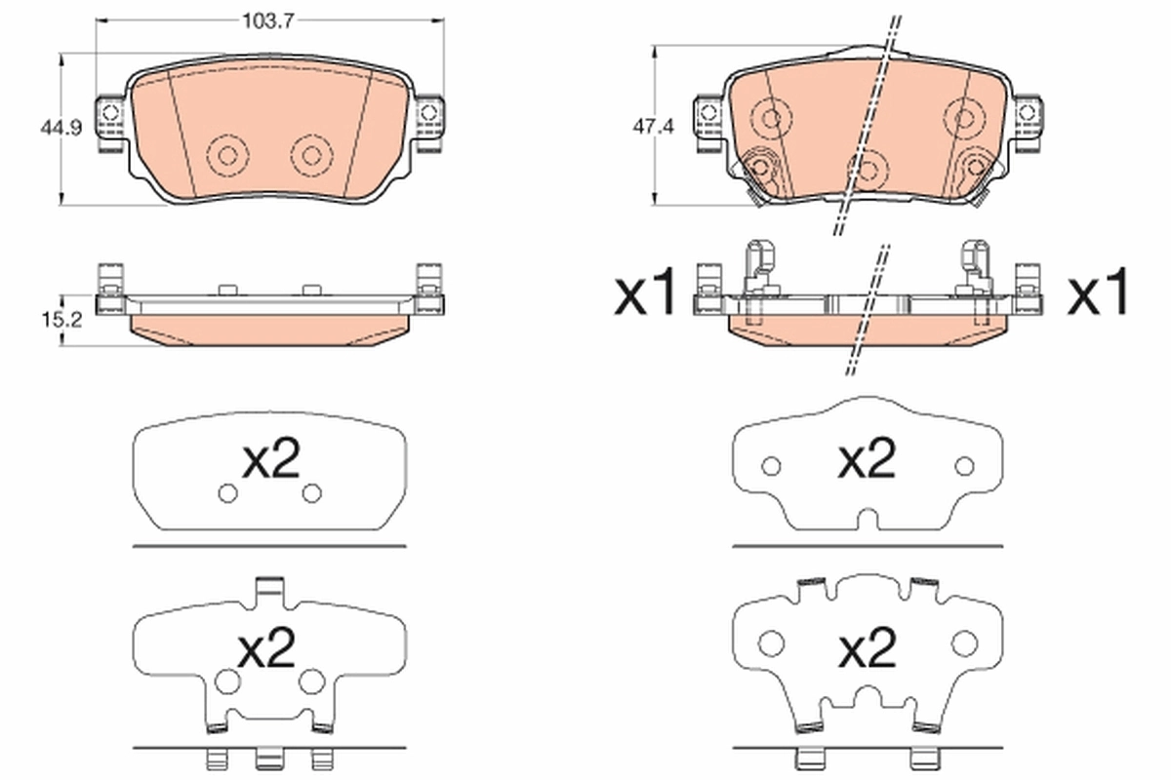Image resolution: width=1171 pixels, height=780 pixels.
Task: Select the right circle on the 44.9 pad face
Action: coord(311,154)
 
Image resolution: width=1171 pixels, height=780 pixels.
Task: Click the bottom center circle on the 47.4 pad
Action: coord(867,171)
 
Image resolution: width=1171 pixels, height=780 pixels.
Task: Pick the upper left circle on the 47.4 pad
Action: coord(771,118)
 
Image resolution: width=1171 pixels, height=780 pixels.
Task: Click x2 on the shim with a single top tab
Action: coord(268,646)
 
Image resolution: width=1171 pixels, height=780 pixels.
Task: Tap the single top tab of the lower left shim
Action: coord(268,588)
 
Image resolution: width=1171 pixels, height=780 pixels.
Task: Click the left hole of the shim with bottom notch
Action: coord(771,466)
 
